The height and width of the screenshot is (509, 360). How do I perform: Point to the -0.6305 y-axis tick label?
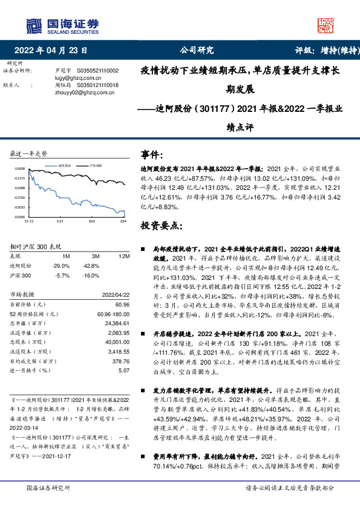[19, 216]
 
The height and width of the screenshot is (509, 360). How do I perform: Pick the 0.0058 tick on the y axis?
[20, 169]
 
